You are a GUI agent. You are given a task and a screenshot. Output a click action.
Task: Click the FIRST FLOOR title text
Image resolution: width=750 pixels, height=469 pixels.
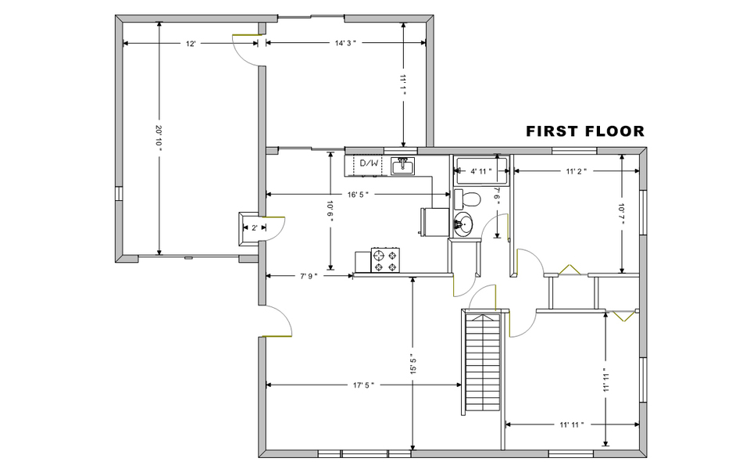585,131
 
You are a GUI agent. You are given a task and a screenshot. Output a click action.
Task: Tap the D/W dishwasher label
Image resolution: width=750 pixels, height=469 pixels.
369,163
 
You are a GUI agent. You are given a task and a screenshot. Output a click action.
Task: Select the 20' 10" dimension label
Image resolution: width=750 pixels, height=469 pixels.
159,138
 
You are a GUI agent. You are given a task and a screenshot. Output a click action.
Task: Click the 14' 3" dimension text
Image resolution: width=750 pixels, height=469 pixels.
346,43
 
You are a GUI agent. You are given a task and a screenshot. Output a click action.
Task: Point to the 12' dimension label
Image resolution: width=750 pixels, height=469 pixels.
191,44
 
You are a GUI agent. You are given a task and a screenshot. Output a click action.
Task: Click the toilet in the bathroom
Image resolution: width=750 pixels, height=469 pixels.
466,199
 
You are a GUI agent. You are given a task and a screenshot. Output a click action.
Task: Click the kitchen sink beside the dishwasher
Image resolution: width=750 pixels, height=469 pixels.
404,166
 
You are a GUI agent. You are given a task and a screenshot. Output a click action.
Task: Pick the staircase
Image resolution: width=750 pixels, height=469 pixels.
483,362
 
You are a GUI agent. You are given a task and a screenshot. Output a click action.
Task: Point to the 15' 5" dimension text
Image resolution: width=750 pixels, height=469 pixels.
413,364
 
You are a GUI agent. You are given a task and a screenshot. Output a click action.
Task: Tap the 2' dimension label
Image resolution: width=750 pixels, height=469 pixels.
255,227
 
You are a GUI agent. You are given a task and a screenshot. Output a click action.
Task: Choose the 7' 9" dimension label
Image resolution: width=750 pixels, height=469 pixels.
309,276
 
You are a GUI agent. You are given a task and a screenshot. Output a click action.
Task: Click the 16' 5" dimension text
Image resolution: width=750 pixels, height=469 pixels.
358,195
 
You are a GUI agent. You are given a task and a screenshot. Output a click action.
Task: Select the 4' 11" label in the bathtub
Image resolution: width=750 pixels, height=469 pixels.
480,171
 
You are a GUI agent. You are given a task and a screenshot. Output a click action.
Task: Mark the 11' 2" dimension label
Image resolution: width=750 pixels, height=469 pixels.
577,171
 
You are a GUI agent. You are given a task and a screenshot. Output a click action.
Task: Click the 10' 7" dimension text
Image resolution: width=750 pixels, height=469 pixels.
621,213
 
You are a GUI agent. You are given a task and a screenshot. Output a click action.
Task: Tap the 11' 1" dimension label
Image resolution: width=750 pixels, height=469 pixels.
403,85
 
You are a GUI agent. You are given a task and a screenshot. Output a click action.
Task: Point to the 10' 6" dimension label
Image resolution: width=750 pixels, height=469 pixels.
330,212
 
